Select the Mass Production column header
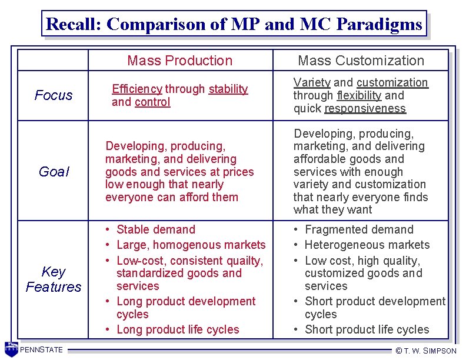(x=180, y=61)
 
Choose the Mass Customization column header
(x=361, y=61)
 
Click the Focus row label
(x=54, y=95)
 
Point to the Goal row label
(x=54, y=172)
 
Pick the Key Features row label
(x=54, y=279)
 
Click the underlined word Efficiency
(x=137, y=89)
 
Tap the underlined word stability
(x=228, y=89)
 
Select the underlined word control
(x=152, y=102)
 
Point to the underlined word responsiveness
(x=365, y=108)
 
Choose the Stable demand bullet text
(x=156, y=229)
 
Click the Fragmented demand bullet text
(x=359, y=229)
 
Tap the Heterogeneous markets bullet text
(x=367, y=245)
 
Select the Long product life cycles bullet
(x=178, y=329)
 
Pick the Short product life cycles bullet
(x=367, y=329)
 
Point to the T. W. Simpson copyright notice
(x=426, y=351)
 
